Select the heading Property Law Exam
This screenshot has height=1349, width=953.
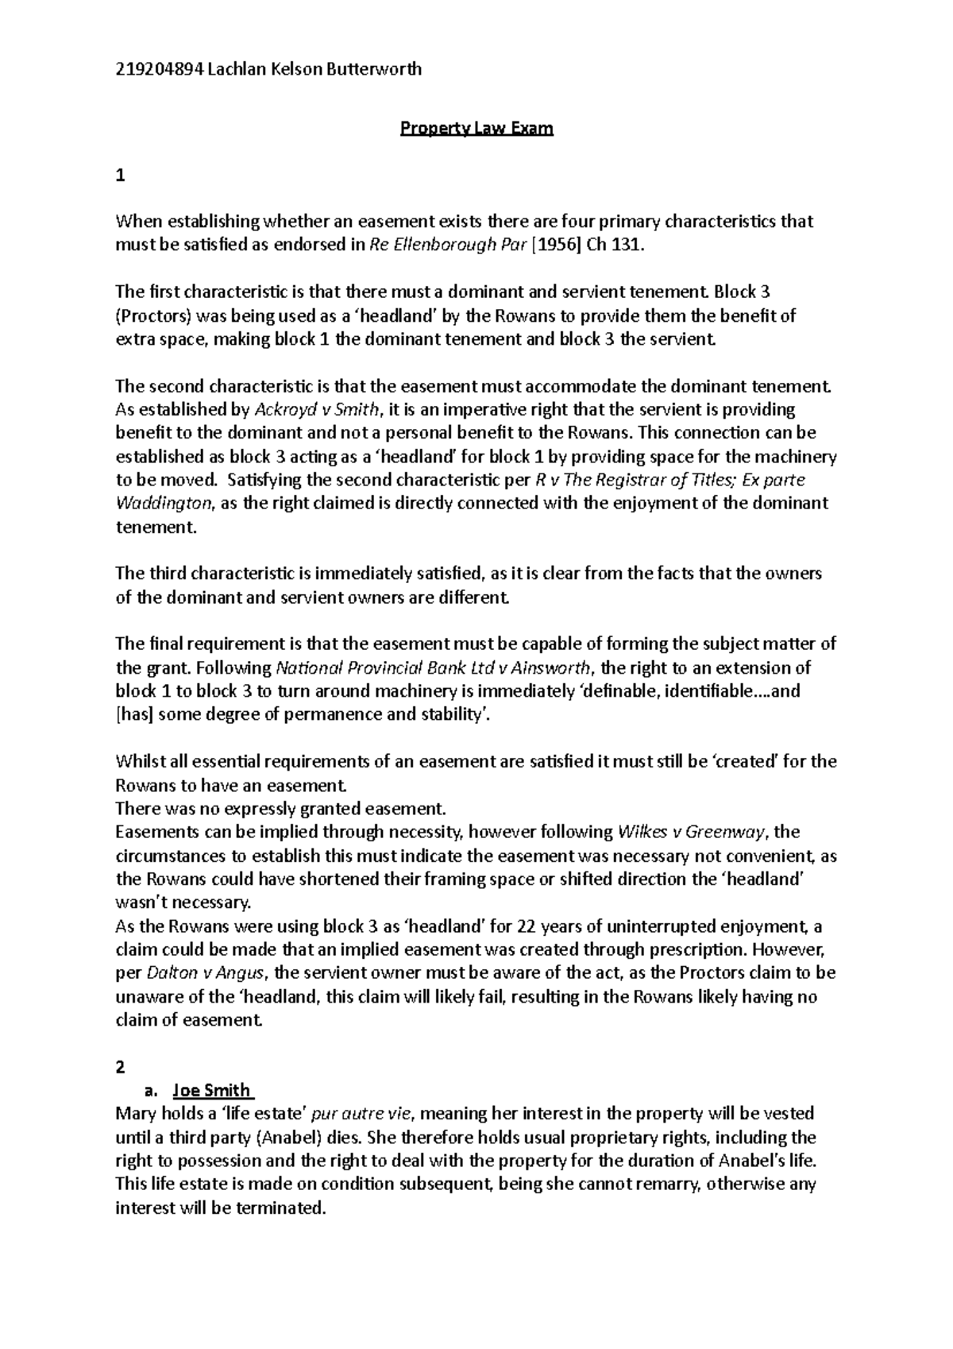pos(476,129)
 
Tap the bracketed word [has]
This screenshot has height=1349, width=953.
pos(136,714)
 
